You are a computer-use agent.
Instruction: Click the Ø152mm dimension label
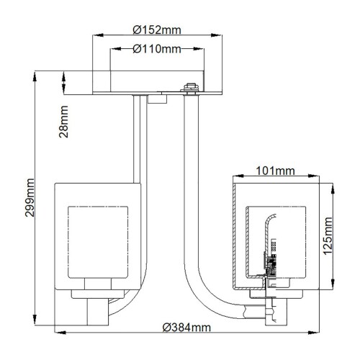click(156, 30)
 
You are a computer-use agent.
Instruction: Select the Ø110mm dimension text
click(156, 49)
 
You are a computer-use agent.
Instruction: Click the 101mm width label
click(276, 171)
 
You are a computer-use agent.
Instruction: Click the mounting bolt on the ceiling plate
click(190, 88)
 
